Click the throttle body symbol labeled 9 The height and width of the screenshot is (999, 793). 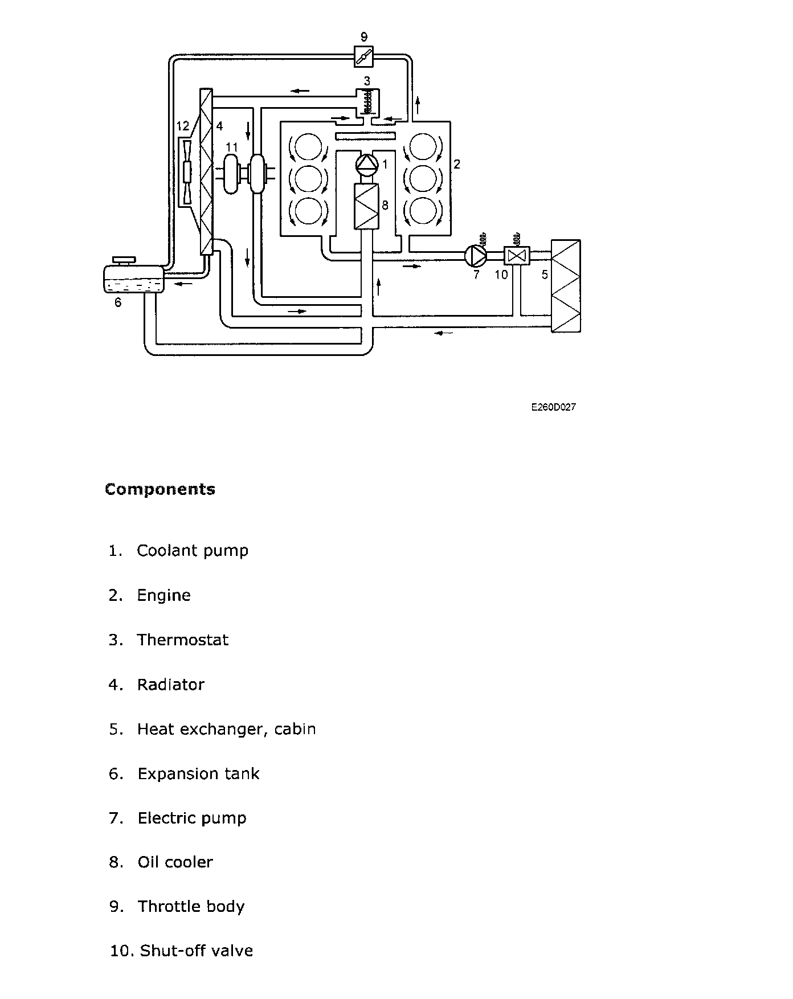[x=363, y=56]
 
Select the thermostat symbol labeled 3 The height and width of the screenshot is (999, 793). [x=368, y=101]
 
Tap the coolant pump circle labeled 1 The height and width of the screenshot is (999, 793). [x=366, y=165]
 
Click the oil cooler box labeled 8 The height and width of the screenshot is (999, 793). [x=366, y=206]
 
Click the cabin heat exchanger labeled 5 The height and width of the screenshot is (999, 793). [x=565, y=285]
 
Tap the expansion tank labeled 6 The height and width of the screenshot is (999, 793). [x=133, y=279]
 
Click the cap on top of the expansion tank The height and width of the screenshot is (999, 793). [x=124, y=260]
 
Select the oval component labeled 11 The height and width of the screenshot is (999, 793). [x=231, y=174]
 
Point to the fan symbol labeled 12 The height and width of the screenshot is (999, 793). [x=186, y=171]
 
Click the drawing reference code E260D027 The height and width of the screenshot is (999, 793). [x=553, y=407]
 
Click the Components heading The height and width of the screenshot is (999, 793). [x=160, y=489]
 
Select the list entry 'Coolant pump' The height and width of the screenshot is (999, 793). [x=193, y=551]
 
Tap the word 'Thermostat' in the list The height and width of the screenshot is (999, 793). [x=182, y=640]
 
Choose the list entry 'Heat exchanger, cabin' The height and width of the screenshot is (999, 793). [x=226, y=729]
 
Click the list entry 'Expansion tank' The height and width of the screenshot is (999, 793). [x=198, y=773]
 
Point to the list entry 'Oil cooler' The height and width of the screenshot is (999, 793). [x=175, y=862]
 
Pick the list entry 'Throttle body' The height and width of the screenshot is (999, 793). [x=191, y=907]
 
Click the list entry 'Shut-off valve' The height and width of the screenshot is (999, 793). [x=196, y=951]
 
